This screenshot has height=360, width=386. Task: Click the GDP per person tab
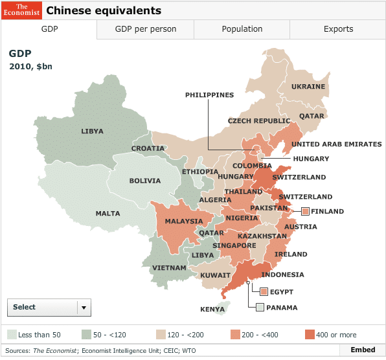point(145,29)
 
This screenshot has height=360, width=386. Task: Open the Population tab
point(242,29)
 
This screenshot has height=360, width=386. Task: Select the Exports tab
point(338,29)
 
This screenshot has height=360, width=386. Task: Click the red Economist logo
point(21,10)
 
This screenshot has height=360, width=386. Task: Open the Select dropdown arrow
point(84,308)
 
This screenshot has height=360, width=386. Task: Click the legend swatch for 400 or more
point(310,335)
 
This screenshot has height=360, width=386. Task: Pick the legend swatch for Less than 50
point(12,335)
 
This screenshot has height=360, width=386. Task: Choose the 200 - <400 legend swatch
point(236,335)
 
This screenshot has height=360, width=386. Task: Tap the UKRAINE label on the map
point(308,87)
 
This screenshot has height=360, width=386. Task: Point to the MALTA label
point(108,214)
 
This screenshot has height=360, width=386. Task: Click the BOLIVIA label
point(144,181)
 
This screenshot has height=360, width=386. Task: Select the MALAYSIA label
point(183,221)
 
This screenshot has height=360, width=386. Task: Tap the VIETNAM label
point(170,268)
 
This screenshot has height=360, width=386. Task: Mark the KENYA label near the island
point(212,309)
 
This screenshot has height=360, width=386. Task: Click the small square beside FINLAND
point(305,211)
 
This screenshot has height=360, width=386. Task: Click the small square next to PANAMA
point(260,308)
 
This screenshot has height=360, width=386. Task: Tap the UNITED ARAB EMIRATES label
point(336,144)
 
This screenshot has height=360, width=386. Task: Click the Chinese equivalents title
point(104,11)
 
